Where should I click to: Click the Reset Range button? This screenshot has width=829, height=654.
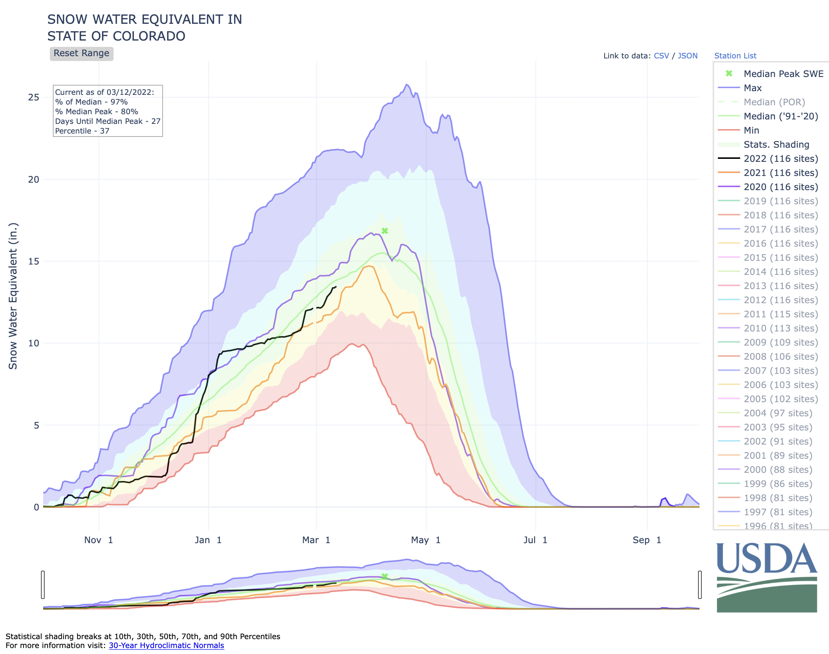(x=81, y=53)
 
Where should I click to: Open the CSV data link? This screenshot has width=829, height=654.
(x=661, y=56)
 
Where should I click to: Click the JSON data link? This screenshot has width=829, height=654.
(x=687, y=56)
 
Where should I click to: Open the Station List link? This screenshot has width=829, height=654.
(x=735, y=56)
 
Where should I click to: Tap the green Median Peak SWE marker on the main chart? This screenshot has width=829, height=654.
(x=385, y=231)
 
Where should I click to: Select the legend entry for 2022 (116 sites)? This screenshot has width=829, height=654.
(x=780, y=158)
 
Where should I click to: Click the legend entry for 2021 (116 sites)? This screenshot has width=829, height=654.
(x=780, y=173)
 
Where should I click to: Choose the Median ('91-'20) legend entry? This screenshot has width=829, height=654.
(x=780, y=116)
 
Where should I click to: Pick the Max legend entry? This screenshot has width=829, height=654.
(x=752, y=88)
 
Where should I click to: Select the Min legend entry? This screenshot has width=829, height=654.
(x=751, y=131)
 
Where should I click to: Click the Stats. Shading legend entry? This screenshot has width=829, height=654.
(x=776, y=145)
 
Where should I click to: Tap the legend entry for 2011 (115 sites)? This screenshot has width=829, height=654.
(x=780, y=314)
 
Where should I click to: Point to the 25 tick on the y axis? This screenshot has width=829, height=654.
(x=34, y=97)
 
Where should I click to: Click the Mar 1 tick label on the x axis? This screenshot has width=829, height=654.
(x=316, y=540)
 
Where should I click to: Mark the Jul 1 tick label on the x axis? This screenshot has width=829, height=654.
(x=535, y=540)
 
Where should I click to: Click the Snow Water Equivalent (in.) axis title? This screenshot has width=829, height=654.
(x=13, y=296)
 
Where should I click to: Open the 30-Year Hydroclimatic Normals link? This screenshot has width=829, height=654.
(x=166, y=645)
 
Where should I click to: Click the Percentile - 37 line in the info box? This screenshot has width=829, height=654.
(x=82, y=131)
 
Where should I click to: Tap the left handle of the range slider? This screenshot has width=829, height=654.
(x=43, y=584)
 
